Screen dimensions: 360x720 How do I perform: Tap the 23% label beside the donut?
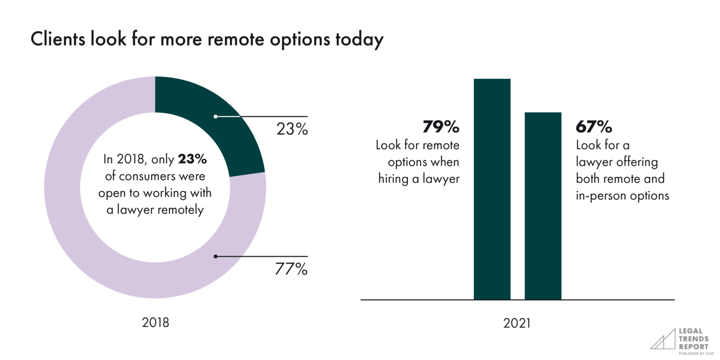[292, 129]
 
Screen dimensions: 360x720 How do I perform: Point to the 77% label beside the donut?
[291, 269]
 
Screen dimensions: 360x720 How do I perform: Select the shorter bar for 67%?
[543, 206]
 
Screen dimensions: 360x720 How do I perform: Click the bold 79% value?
[441, 127]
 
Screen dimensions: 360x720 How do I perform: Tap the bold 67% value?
[594, 127]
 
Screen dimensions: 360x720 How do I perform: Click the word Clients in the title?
[58, 40]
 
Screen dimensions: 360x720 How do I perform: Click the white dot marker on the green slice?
[216, 116]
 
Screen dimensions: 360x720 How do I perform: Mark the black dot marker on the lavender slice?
[216, 256]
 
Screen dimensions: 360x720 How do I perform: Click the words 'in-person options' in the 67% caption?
[622, 196]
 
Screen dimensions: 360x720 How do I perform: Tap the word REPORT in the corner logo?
[693, 347]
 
